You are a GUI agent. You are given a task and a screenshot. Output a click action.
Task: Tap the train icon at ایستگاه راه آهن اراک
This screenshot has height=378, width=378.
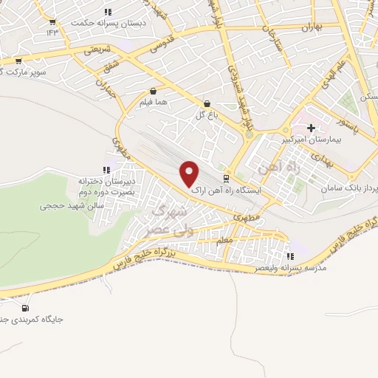(x=227, y=178)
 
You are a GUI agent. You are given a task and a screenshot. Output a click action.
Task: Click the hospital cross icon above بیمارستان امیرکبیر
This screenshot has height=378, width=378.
(x=311, y=128)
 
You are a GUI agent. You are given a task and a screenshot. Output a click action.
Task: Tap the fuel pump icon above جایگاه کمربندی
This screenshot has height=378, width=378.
(x=27, y=308)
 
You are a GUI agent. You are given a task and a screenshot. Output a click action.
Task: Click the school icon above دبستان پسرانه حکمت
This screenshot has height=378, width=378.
(x=108, y=12)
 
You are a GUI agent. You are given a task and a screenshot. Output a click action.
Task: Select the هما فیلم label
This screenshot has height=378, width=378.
(x=156, y=103)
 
